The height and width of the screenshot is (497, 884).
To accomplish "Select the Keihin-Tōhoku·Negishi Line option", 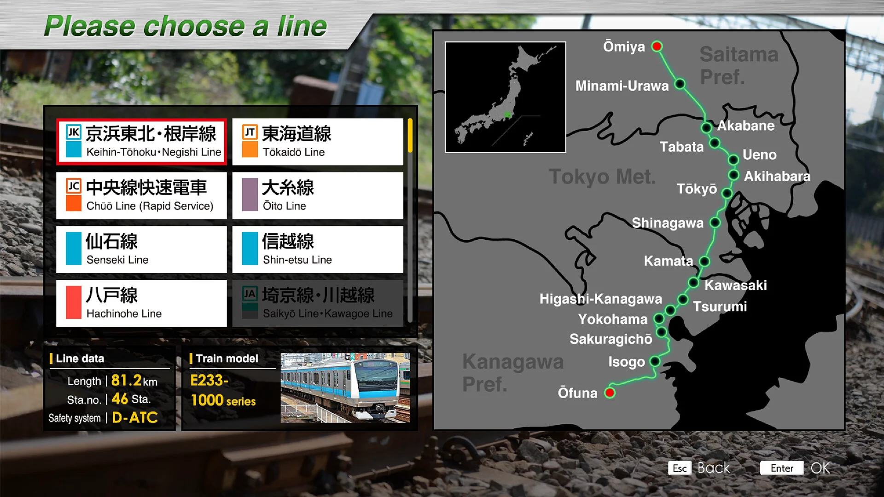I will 141,142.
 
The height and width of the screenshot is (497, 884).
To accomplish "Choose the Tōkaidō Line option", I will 318,142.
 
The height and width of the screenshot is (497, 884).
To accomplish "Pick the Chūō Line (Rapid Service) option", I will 141,196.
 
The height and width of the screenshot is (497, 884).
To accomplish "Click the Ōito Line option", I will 318,196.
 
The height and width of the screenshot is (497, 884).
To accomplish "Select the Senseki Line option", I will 141,249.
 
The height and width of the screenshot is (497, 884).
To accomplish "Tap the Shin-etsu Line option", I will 318,249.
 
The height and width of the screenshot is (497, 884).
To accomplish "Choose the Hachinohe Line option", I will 141,303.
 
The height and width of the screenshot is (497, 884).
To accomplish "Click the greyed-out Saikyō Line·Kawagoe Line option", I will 318,303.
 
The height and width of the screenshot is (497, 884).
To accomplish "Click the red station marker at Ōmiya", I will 657,46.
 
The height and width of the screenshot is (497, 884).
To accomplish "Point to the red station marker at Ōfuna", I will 610,393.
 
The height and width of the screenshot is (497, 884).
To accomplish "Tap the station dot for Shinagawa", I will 715,223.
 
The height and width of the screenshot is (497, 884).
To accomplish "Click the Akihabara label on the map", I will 777,176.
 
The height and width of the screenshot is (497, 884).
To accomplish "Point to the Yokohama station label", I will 612,319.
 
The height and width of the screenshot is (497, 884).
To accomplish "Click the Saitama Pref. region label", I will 739,65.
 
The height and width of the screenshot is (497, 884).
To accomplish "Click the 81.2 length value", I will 127,380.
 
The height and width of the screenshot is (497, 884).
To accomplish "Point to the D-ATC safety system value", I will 135,417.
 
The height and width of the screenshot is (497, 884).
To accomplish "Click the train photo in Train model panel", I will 345,387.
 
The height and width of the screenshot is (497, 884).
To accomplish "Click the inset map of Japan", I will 505,97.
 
